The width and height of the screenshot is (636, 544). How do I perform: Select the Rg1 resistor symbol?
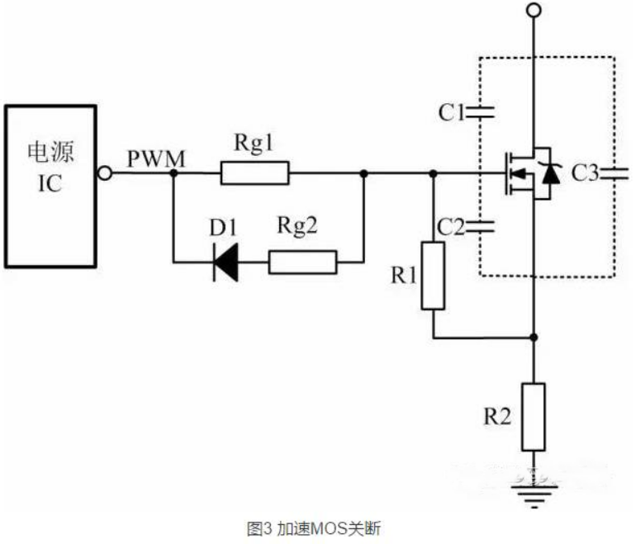click(255, 173)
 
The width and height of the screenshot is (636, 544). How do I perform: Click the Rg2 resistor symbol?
click(303, 263)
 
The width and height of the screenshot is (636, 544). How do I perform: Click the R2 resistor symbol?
click(534, 416)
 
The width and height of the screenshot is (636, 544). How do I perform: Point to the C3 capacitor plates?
click(615, 173)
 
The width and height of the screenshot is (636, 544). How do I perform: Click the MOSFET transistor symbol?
click(528, 173)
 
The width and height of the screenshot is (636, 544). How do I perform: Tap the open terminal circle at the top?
click(534, 11)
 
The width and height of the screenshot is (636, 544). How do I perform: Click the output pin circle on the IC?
click(104, 173)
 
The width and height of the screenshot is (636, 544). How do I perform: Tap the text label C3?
click(585, 173)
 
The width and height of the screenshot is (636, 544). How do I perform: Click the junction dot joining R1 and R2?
click(534, 337)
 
